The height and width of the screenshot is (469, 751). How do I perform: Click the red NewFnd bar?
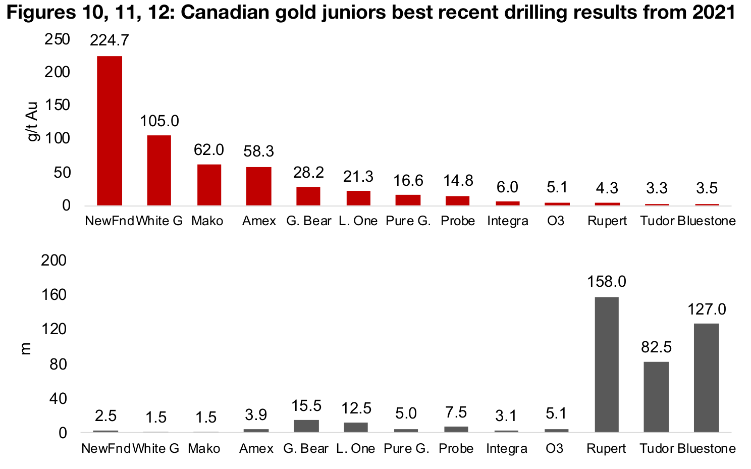click(x=110, y=130)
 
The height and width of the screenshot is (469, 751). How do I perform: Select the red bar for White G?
click(x=159, y=170)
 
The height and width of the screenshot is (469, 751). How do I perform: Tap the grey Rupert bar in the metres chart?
click(x=606, y=364)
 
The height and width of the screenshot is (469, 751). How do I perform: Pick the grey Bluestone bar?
click(x=706, y=378)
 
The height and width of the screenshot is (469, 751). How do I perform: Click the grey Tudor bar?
click(x=656, y=397)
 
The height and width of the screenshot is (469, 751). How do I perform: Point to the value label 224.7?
click(x=109, y=40)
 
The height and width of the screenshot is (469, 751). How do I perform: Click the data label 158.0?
click(x=606, y=282)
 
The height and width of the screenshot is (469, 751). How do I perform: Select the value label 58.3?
click(x=258, y=151)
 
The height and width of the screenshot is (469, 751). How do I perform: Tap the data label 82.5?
click(x=656, y=347)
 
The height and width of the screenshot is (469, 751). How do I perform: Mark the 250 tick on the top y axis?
click(x=57, y=39)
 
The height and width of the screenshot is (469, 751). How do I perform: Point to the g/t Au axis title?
click(x=33, y=122)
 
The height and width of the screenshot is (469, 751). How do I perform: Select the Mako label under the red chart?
click(x=207, y=221)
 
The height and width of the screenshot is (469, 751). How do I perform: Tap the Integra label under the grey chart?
click(x=506, y=449)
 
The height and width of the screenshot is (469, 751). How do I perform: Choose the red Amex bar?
click(x=258, y=186)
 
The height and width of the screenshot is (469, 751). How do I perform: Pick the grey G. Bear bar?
click(x=306, y=426)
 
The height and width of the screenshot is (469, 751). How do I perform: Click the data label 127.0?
click(x=706, y=309)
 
